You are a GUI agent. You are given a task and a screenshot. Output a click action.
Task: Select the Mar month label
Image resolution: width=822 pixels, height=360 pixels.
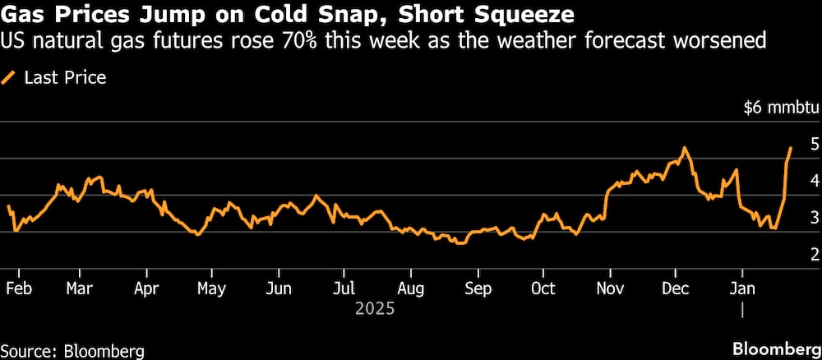click(x=80, y=289)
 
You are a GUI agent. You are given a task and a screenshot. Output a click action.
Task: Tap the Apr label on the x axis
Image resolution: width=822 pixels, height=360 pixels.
click(x=145, y=289)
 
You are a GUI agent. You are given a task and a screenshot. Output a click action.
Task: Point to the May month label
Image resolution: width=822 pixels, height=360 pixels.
click(x=212, y=289)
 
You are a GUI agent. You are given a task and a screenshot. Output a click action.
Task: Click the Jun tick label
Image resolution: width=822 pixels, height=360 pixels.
click(x=279, y=289)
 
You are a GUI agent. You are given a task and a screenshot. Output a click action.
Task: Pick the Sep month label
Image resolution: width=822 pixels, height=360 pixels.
click(x=478, y=289)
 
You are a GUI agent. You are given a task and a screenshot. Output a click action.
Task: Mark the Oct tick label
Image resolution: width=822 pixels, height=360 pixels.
click(x=543, y=289)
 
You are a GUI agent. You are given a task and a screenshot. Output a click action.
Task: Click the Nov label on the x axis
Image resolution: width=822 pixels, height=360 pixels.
click(x=610, y=289)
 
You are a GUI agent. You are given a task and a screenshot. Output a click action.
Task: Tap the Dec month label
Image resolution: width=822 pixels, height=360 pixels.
click(x=676, y=289)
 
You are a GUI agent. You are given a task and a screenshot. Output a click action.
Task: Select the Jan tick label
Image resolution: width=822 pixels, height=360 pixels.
click(x=742, y=289)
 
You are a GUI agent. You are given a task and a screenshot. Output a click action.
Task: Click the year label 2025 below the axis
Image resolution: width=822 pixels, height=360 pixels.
click(x=375, y=310)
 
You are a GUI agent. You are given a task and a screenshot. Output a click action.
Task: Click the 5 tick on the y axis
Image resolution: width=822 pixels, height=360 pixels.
click(x=815, y=144)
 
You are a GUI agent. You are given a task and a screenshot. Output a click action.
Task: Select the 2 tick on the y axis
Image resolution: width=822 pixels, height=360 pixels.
click(x=815, y=254)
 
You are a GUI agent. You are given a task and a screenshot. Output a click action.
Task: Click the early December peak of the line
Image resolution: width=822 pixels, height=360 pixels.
click(x=684, y=148)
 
